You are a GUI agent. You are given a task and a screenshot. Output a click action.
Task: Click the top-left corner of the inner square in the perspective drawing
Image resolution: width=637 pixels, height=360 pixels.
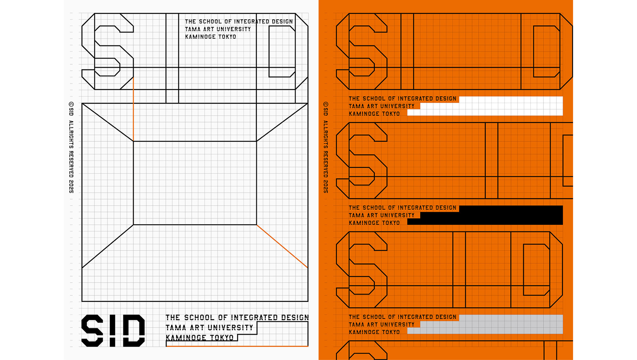[133, 141]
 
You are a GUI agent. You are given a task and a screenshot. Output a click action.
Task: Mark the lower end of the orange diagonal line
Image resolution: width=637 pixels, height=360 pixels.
[308, 268]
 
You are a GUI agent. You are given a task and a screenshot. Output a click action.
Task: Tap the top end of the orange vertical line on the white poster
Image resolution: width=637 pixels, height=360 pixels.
[133, 77]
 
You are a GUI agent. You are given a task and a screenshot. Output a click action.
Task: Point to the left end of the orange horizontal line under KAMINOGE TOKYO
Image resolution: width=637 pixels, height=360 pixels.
[166, 346]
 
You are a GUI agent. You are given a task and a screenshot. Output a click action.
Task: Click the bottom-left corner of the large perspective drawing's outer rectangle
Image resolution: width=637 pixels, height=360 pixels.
[82, 301]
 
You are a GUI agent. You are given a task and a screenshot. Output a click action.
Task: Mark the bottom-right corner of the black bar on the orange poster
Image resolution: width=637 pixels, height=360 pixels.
[563, 225]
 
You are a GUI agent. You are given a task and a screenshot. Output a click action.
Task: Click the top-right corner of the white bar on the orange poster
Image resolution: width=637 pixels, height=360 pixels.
[563, 97]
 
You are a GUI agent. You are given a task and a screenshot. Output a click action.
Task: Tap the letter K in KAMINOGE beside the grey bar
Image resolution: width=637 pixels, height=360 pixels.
[351, 332]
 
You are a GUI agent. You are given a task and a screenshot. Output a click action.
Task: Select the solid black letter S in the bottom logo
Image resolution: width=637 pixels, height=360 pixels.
[92, 330]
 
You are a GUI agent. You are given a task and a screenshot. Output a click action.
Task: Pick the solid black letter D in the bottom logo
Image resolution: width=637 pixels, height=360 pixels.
[134, 330]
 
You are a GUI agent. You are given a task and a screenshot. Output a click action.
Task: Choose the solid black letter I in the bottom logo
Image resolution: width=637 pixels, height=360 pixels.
[113, 330]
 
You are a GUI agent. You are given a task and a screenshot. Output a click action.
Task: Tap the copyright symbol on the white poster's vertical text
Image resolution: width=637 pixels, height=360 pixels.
[71, 104]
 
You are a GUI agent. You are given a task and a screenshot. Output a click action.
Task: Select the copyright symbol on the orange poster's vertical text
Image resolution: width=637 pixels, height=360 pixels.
[326, 104]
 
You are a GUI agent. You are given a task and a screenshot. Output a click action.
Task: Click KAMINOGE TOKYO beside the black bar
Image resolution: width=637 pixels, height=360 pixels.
[374, 223]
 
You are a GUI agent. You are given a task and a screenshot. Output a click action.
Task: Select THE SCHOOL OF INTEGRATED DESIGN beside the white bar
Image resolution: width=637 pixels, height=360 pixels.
[403, 99]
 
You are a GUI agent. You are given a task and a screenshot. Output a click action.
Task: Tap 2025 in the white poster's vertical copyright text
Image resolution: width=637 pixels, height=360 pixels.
[71, 186]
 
